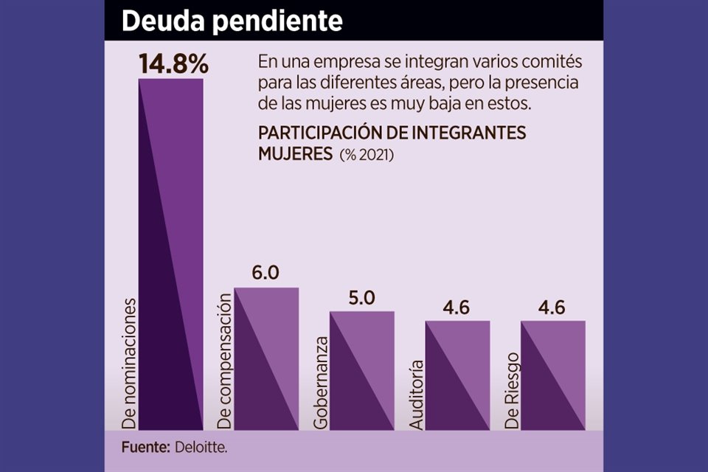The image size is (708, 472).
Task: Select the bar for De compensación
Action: click(266, 358)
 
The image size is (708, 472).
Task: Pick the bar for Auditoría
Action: click(458, 375)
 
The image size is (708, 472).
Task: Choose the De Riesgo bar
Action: click(553, 375)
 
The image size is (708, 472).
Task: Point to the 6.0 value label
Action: click(265, 273)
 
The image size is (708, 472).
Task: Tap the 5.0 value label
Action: click(361, 298)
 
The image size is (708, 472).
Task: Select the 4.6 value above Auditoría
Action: click(458, 308)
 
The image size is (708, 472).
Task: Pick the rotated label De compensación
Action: click(225, 361)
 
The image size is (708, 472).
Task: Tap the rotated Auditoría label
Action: click(416, 395)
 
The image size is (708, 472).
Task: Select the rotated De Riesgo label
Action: click(513, 392)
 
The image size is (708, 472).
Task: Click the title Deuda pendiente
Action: click(232, 21)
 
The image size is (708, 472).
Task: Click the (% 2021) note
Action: click(367, 156)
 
